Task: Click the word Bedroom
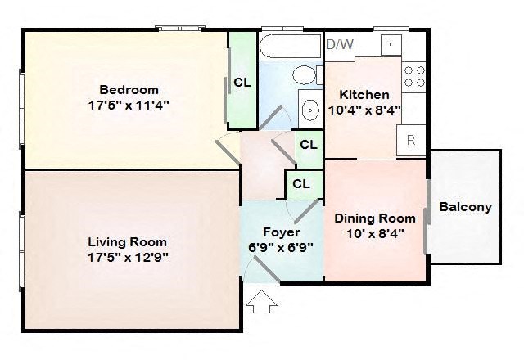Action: coord(129,89)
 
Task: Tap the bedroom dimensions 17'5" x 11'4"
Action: coord(129,105)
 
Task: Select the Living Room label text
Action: coord(127,241)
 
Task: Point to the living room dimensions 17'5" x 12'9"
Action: coord(127,256)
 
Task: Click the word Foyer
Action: coord(281,232)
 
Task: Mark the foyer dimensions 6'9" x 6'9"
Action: coord(281,246)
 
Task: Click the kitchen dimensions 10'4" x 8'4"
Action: coord(364,110)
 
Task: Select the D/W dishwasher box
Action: coord(340,44)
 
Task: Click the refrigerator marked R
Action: coord(411,140)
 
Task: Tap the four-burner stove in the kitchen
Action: coord(414,76)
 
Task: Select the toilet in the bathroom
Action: coord(305,76)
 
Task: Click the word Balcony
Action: coord(465,207)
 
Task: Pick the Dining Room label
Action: coord(375,218)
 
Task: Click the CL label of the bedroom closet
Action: coord(242,82)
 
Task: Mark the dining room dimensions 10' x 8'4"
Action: coord(375,233)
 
